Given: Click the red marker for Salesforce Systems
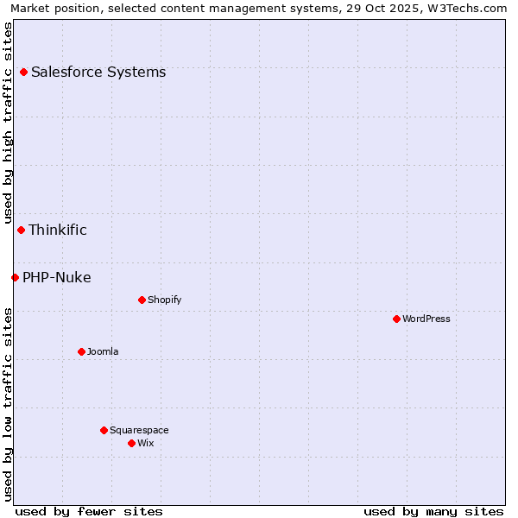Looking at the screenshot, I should [x=23, y=73].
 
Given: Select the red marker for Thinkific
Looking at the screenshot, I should [x=21, y=230].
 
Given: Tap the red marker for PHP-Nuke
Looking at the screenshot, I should [x=15, y=277].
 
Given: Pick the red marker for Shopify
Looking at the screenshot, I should [x=142, y=300].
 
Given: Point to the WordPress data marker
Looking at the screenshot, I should [x=396, y=319].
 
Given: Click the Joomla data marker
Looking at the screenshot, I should [x=81, y=351].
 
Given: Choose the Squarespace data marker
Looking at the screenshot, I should [x=104, y=430].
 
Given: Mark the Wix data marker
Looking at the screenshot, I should [x=131, y=443].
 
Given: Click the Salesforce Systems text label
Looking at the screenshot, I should [x=98, y=73].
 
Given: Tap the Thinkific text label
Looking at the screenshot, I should [x=58, y=230].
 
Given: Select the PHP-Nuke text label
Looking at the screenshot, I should [x=57, y=277].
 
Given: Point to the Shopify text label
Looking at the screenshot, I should [x=164, y=300].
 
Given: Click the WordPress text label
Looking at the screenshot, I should [x=426, y=319].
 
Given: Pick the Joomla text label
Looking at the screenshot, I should [x=103, y=351].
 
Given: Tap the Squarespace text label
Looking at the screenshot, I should [x=139, y=430].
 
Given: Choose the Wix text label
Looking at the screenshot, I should [x=146, y=443].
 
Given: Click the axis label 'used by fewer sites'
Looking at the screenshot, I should [x=89, y=511].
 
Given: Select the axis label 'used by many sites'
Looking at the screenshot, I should [x=433, y=511].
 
